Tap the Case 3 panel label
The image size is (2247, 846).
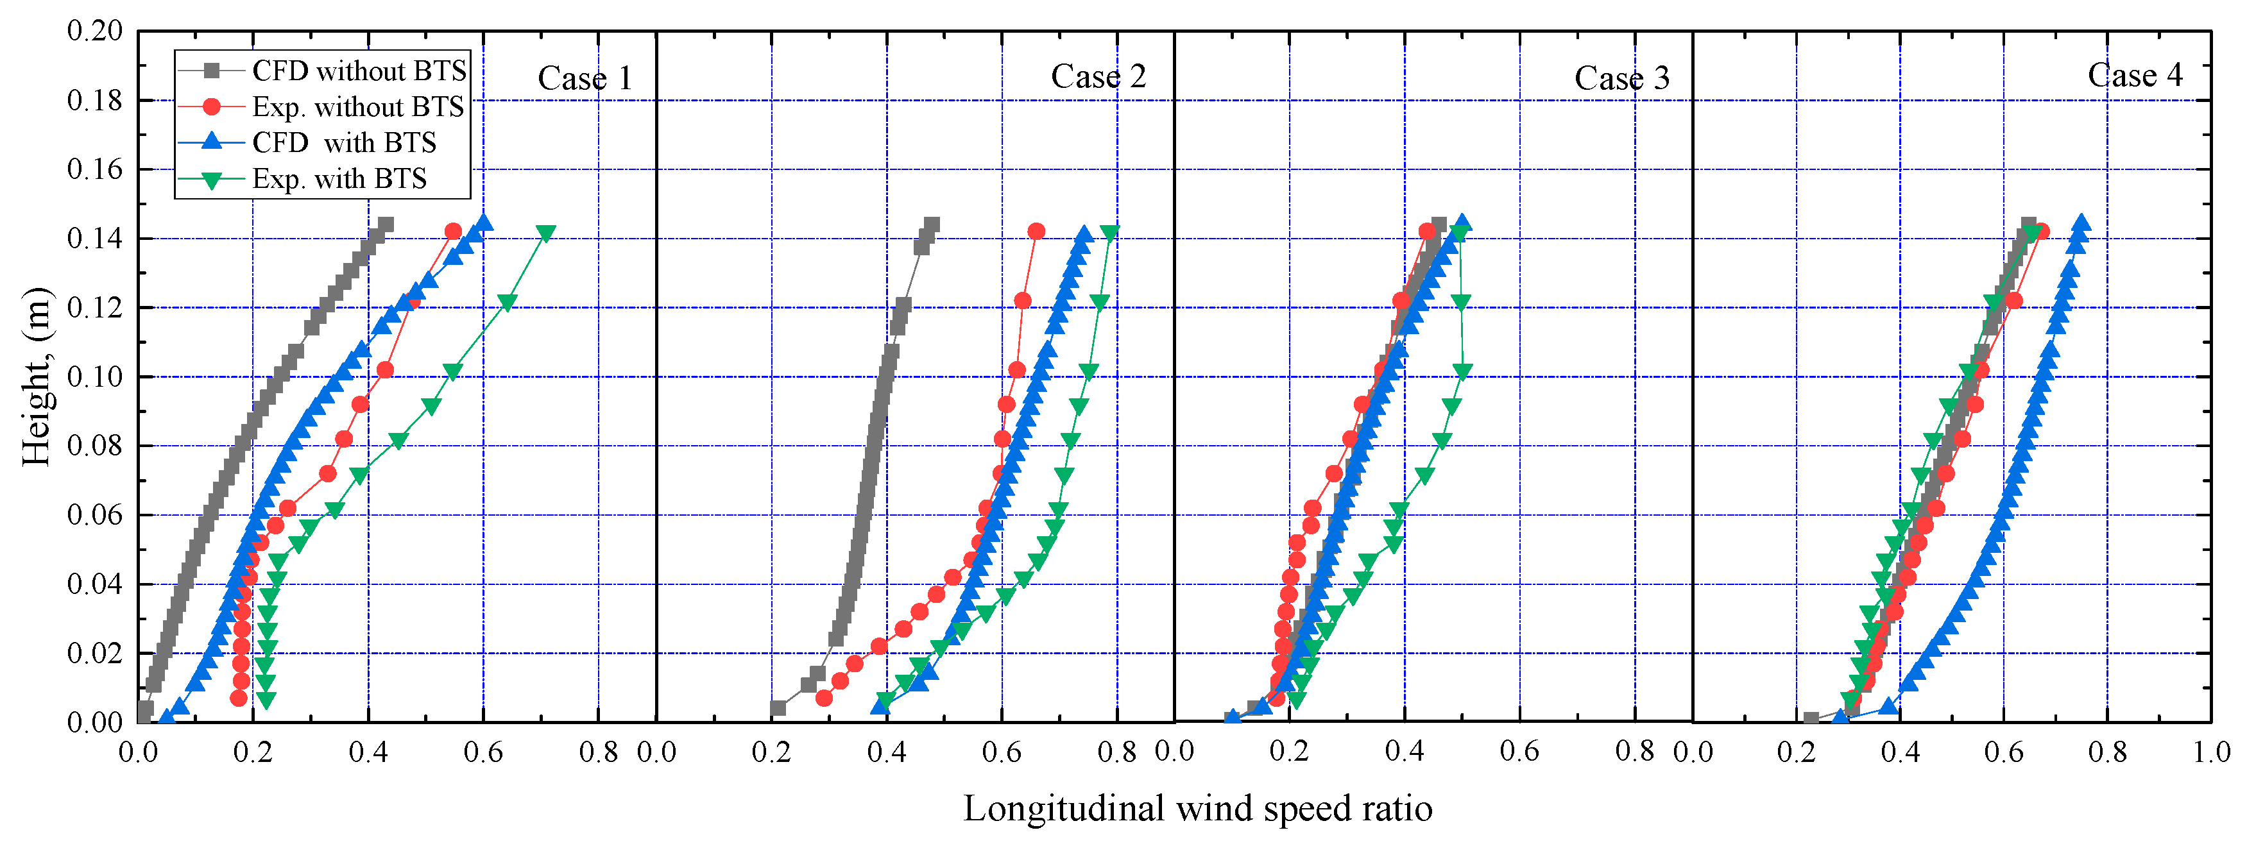click(x=1621, y=78)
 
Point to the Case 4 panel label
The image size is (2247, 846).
click(x=2135, y=75)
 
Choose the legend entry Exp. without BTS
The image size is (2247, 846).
click(x=357, y=106)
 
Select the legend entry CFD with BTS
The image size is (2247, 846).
click(x=344, y=142)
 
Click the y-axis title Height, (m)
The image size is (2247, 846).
click(x=37, y=376)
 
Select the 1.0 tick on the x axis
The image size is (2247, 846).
click(x=2211, y=751)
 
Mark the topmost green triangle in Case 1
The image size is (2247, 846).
click(x=546, y=233)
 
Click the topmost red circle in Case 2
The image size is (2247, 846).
click(x=1036, y=231)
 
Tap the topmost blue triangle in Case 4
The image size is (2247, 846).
click(x=2081, y=223)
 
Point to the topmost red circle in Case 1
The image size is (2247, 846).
click(x=453, y=231)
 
